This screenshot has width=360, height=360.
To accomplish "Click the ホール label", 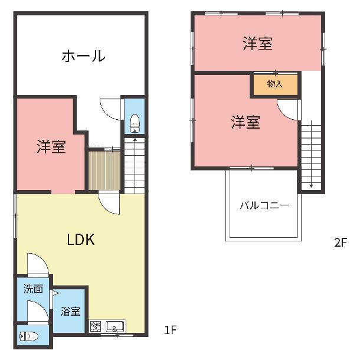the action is pos(83,56).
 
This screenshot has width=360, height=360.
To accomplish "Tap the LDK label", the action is pos(81,240).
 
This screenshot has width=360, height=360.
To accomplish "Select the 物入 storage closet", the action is pos(275,84).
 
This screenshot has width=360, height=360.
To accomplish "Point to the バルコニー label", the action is pos(264,205).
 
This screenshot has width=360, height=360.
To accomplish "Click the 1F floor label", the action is pos(170,330).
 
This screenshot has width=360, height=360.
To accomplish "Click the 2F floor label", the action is pos(341,243).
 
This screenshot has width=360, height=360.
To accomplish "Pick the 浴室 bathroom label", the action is pos(70,312).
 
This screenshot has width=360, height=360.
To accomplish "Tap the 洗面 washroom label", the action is pos(33,289).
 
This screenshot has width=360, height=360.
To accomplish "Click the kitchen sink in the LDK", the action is pos(115,326).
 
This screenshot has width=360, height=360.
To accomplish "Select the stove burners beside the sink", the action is pos(96,326).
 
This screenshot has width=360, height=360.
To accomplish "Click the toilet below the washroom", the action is pos(29,336).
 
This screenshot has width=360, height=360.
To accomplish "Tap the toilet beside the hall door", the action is pos(135,123).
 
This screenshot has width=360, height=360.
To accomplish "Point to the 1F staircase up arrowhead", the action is pos(135,139).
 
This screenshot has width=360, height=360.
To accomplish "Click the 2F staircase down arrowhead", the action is pos(311,186).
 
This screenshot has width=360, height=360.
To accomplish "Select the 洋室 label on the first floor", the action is pos(51,146).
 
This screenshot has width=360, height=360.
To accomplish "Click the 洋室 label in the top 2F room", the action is pos(258,44).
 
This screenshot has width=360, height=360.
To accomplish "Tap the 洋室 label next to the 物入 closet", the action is pos(246,122).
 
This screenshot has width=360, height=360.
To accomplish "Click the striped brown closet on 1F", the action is pos(104,171).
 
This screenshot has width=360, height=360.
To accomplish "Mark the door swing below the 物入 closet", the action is pos(288,110).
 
